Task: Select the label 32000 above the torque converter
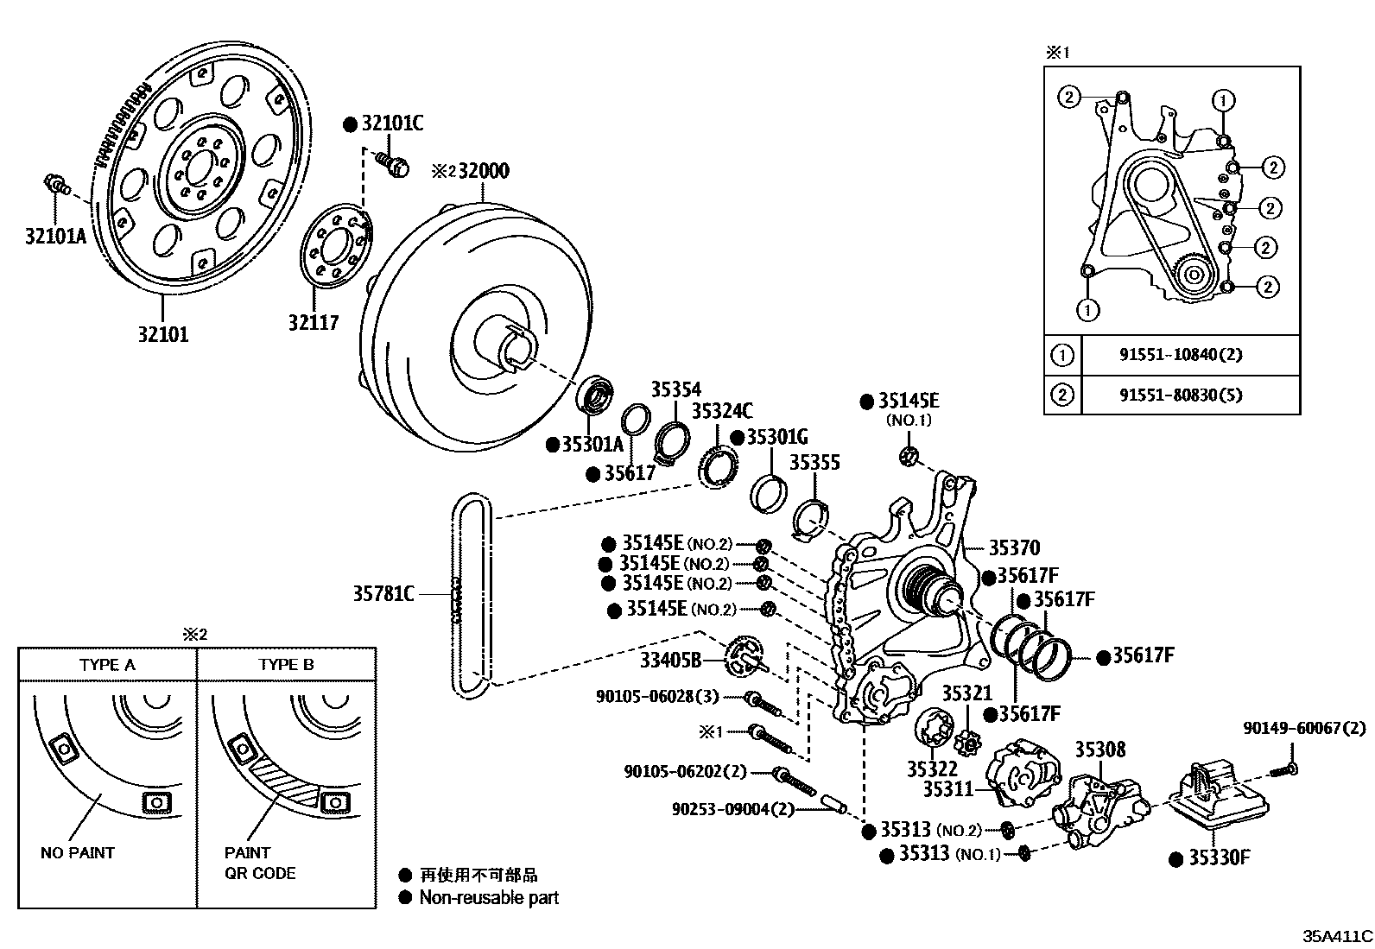pyautogui.click(x=483, y=170)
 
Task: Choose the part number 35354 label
pyautogui.click(x=675, y=390)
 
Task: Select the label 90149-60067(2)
pyautogui.click(x=1304, y=729)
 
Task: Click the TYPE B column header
pyautogui.click(x=286, y=665)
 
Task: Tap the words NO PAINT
pyautogui.click(x=78, y=853)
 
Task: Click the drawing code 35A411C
pyautogui.click(x=1338, y=936)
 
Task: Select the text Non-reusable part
pyautogui.click(x=489, y=898)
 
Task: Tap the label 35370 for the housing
pyautogui.click(x=1014, y=547)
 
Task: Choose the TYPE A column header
pyautogui.click(x=107, y=665)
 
